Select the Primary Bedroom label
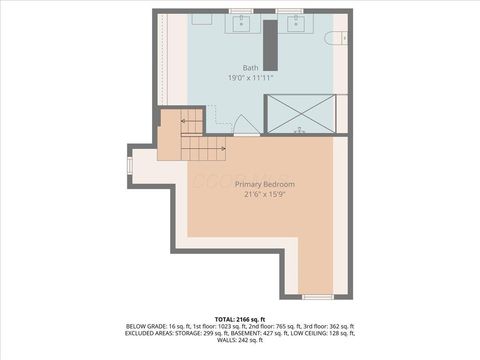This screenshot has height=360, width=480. pos(264,185)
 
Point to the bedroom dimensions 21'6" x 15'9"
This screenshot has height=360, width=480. pos(264,195)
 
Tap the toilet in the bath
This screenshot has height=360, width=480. pos(337,38)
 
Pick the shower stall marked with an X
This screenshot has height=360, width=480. pos(305,113)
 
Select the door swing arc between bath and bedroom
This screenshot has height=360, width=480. pos(243,124)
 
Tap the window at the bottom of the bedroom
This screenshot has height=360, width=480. pos(318,297)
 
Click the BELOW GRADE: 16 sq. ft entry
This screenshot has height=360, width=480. pos(150,326)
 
